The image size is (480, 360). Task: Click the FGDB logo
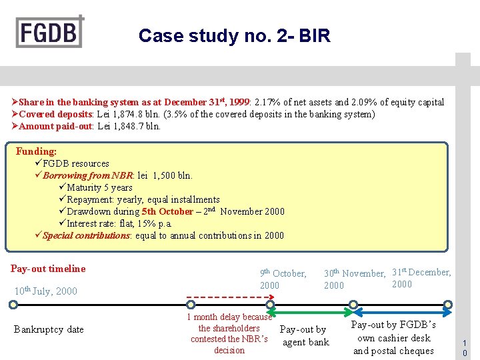[50, 31]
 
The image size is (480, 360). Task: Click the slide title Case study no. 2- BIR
[234, 35]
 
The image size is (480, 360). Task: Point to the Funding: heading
[36, 151]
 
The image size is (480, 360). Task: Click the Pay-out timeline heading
[48, 269]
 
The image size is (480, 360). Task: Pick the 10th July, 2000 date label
[45, 291]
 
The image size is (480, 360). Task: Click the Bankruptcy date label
[49, 329]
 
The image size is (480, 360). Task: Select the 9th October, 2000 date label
[283, 279]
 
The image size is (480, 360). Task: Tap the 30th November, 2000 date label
[354, 279]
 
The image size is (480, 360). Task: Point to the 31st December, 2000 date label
[421, 277]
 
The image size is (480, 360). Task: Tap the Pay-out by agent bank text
[304, 336]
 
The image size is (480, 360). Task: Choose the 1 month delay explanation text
[229, 333]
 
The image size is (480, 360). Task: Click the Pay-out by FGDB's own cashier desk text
[393, 337]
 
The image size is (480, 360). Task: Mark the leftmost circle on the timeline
[13, 305]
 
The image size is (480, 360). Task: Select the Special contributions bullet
[163, 235]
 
